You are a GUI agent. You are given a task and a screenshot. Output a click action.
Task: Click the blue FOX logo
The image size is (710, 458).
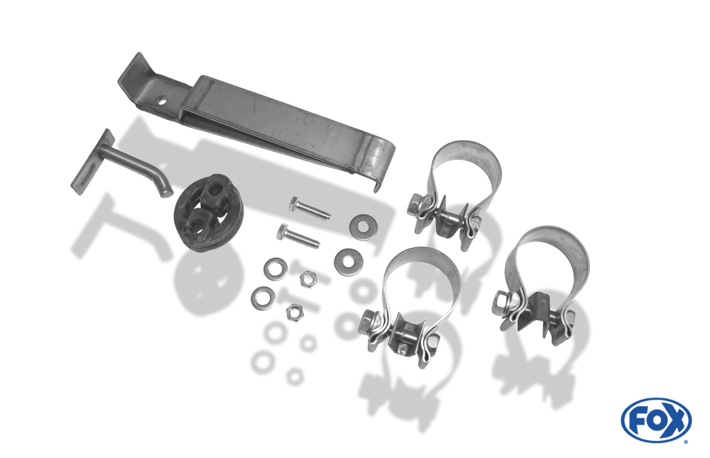(656, 420)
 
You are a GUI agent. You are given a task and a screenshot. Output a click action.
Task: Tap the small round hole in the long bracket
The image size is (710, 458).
(161, 102)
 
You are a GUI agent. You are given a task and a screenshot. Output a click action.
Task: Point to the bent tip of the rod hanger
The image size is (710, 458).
(165, 190)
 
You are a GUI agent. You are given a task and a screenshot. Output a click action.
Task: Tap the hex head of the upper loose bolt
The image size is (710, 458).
(295, 204)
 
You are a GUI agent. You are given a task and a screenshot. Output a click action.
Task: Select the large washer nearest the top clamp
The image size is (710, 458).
(364, 227)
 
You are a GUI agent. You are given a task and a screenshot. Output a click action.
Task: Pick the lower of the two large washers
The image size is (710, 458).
(348, 261)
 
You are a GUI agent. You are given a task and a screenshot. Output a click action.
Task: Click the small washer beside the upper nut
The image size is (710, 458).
(275, 268)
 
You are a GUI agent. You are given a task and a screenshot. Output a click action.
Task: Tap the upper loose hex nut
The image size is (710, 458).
(308, 277)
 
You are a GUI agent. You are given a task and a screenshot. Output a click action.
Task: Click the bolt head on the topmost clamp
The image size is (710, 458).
(415, 204)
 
